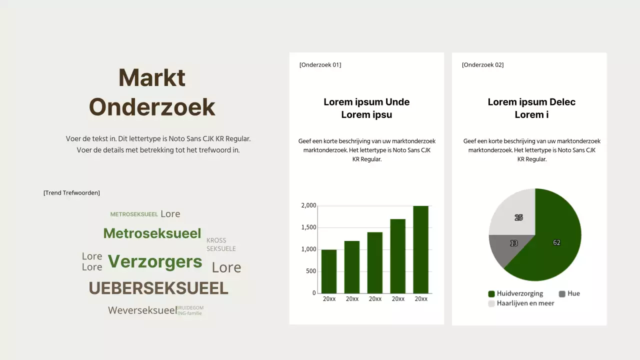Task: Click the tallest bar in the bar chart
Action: tap(421, 249)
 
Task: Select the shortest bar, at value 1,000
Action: tap(329, 271)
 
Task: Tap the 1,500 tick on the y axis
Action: tap(309, 227)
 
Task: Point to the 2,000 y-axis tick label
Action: tap(309, 205)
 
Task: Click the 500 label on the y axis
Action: tap(311, 271)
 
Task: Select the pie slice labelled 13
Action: tap(513, 243)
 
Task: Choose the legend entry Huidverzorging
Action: tap(519, 293)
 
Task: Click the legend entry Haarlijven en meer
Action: tap(525, 303)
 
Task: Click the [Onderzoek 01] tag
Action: tap(320, 64)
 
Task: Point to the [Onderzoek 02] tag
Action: tap(482, 64)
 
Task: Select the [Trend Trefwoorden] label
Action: tap(71, 192)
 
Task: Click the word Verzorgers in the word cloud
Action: tap(155, 261)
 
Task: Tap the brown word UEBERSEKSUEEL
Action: tap(158, 288)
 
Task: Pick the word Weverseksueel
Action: tap(142, 310)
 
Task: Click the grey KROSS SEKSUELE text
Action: tap(221, 244)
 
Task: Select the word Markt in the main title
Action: tap(152, 77)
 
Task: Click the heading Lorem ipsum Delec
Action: tap(531, 102)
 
